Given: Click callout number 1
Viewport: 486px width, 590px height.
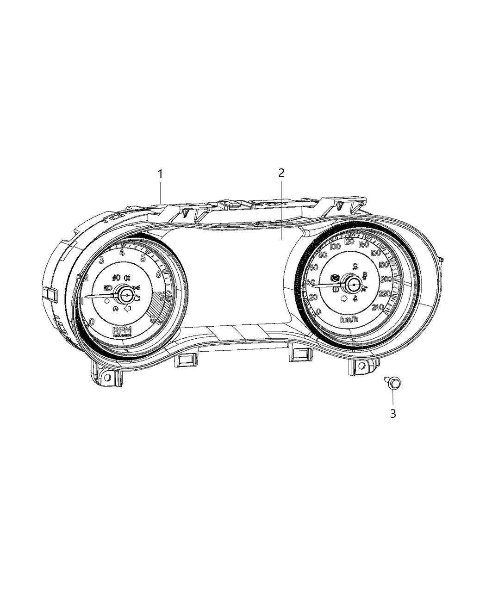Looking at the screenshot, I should (x=160, y=174).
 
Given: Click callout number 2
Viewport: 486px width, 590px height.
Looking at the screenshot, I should (x=281, y=173).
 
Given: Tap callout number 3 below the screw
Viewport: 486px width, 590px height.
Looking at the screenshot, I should (x=393, y=413).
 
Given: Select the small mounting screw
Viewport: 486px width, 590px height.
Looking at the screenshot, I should (x=392, y=382).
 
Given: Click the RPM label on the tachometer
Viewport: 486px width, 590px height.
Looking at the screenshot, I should (x=123, y=330).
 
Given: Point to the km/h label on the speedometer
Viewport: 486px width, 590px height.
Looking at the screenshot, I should (x=350, y=320).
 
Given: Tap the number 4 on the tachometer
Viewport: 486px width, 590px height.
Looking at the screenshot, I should (x=122, y=252).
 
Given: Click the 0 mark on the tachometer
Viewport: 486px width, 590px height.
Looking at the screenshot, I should (x=93, y=322).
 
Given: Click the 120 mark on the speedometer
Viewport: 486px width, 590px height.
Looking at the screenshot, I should (x=349, y=242).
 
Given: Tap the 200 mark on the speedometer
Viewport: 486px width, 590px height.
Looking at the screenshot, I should (x=386, y=279).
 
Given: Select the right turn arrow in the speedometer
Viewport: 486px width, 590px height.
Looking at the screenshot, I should (x=343, y=298).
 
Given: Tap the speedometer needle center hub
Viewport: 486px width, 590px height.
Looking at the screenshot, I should (x=354, y=285).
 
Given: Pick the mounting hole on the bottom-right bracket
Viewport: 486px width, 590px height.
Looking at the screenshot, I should (x=360, y=366).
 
